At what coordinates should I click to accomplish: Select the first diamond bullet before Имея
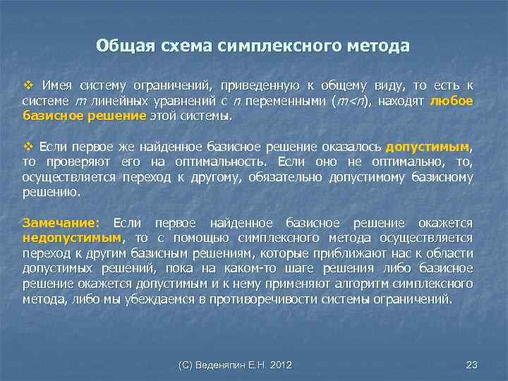(28, 85)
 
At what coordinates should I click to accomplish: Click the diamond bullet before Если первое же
(28, 146)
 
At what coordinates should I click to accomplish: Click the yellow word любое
(451, 101)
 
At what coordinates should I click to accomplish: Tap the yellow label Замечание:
(62, 222)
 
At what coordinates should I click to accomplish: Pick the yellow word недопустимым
(72, 238)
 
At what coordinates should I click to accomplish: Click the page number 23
(472, 365)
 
